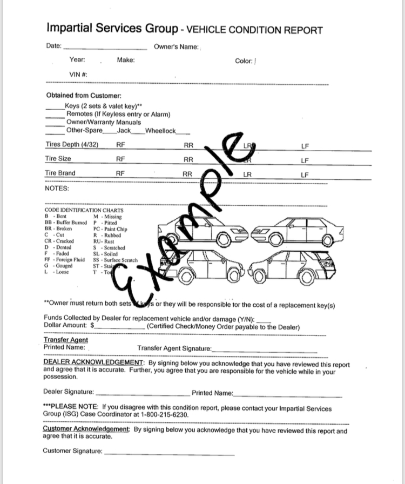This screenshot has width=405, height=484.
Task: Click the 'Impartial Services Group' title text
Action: (x=112, y=28)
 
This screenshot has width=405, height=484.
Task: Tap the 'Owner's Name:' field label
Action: (x=176, y=47)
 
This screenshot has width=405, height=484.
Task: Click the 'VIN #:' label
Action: (x=78, y=74)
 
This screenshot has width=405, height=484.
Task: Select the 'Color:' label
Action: (x=244, y=61)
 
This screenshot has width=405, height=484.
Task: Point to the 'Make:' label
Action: (x=126, y=60)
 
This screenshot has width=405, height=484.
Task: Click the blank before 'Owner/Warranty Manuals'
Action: (x=55, y=122)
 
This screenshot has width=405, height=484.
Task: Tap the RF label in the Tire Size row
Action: (x=120, y=159)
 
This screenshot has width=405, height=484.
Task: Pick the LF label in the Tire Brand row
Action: (x=305, y=174)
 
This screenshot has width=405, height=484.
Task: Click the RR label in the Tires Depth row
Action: (x=188, y=145)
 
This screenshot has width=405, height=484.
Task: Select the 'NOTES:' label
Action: (x=57, y=189)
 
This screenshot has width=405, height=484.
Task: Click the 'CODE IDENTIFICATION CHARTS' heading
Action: (x=84, y=210)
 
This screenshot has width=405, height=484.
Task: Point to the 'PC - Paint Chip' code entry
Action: (x=110, y=229)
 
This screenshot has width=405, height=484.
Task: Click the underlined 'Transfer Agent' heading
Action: (x=65, y=340)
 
